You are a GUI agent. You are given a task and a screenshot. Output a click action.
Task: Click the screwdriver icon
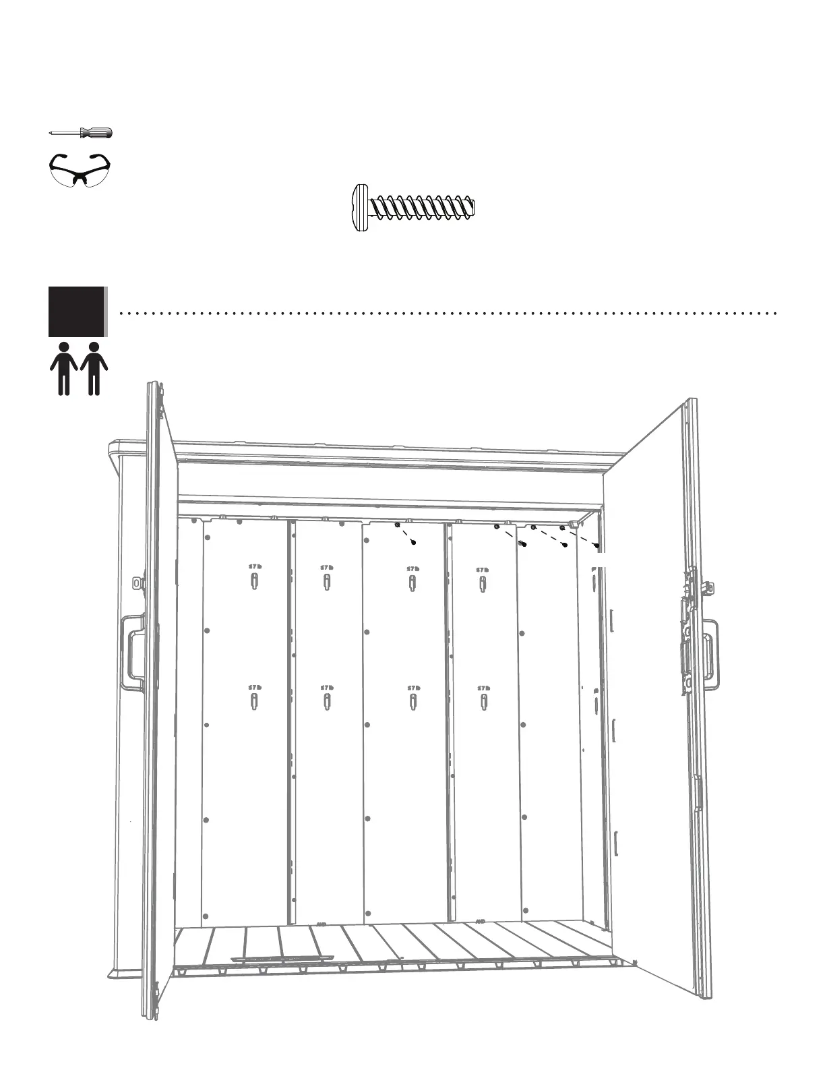point(81,133)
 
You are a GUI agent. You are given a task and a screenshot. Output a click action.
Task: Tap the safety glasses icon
point(80,169)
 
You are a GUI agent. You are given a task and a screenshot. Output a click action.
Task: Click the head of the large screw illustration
point(361,207)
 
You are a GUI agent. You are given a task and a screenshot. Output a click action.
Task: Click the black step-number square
point(77,311)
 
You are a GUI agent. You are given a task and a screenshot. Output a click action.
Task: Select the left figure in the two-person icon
point(64,368)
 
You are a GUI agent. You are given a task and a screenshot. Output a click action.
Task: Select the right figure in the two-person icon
point(94,368)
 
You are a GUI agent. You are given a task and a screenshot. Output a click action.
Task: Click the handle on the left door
point(131,651)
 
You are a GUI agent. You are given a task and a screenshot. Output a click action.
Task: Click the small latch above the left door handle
point(139,582)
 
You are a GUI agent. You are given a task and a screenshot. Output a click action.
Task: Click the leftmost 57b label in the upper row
point(254,567)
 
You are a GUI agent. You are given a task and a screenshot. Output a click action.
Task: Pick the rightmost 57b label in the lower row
point(483,688)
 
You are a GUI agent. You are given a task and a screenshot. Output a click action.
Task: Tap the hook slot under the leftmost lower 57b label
point(254,702)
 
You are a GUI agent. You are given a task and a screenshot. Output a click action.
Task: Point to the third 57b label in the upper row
point(413,568)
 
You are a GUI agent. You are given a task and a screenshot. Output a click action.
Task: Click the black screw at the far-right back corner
point(597,545)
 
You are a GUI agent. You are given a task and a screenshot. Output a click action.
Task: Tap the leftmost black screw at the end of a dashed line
point(414,542)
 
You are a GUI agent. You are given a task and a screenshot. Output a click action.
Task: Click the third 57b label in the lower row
point(413,688)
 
